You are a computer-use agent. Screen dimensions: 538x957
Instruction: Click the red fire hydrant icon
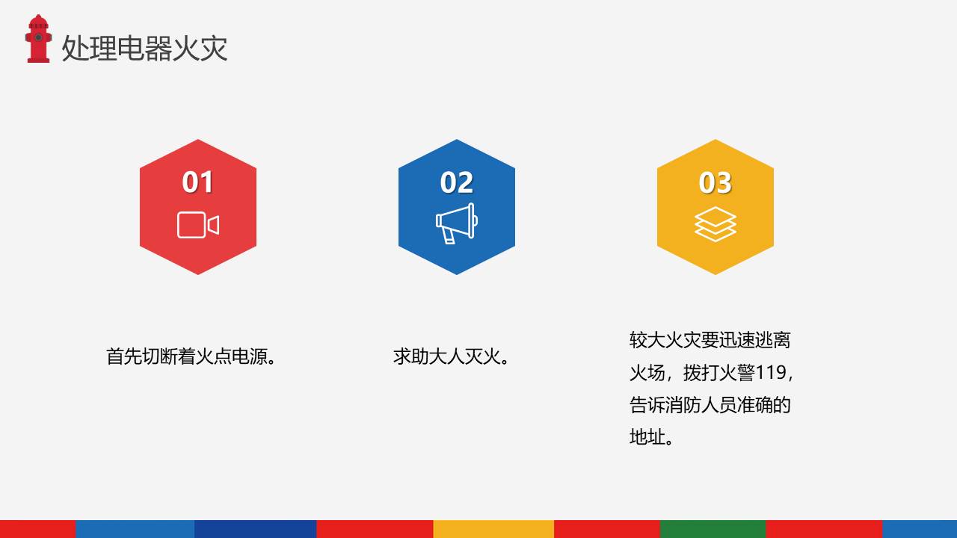[38, 39]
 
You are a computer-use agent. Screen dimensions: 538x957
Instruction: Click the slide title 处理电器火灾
[144, 48]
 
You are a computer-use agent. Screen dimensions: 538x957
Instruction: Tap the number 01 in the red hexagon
[198, 182]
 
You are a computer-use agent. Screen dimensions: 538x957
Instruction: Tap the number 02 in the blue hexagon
[457, 182]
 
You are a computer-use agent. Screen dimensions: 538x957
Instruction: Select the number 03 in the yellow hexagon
[716, 182]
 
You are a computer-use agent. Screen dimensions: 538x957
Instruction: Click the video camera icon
[198, 225]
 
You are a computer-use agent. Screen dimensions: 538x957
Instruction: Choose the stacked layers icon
[716, 224]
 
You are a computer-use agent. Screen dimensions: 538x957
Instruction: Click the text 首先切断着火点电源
[192, 356]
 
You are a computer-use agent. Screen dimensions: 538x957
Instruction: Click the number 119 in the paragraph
[772, 372]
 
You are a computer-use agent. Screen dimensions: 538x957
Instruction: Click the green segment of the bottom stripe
[713, 529]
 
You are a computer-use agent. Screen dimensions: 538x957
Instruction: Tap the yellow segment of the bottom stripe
[493, 529]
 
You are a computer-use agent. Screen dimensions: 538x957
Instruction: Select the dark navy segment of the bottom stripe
[255, 529]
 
